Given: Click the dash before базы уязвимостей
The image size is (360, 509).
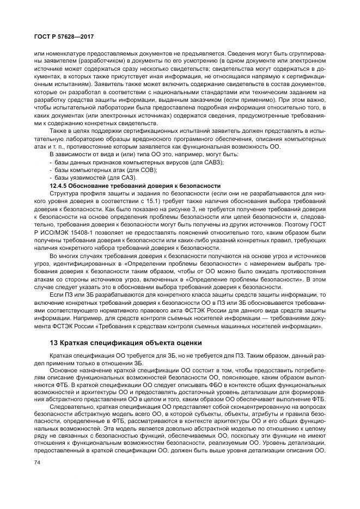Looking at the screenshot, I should point(51,178).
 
